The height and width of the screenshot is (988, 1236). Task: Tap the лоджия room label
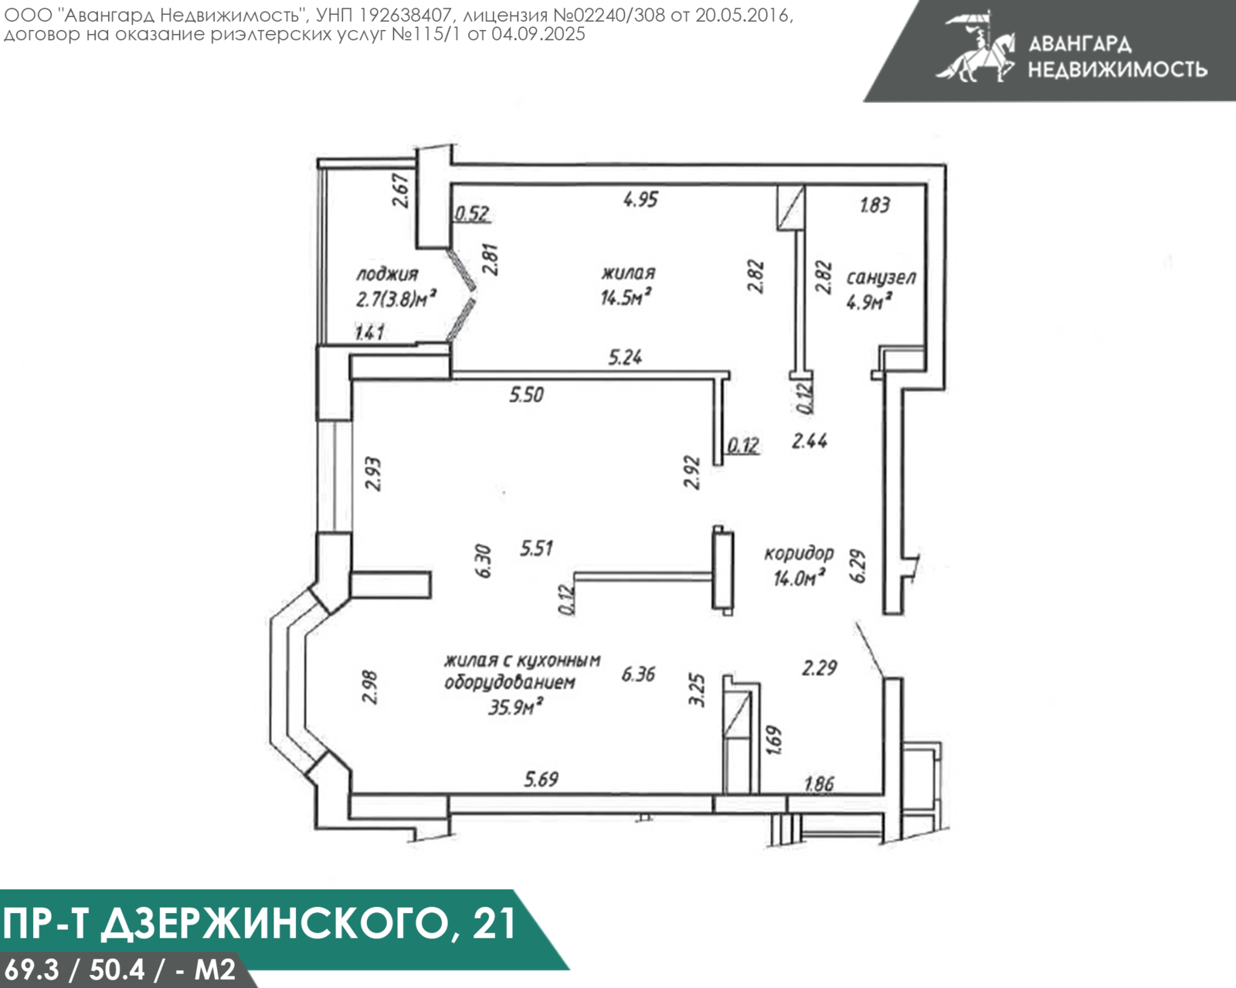point(387,274)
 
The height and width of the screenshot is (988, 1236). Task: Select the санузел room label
point(881,277)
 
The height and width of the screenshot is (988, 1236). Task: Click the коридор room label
point(799,553)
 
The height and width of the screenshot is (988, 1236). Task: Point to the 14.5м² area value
point(625,297)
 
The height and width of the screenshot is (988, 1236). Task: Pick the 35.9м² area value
point(514,706)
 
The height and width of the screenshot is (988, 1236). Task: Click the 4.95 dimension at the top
point(640,199)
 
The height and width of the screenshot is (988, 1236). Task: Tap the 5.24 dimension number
point(625,357)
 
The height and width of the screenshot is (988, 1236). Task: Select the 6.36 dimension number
point(638,674)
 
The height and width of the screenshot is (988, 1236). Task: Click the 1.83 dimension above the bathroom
point(874,205)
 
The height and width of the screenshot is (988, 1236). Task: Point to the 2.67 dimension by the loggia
point(400,190)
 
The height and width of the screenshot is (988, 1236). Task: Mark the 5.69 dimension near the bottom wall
point(541,779)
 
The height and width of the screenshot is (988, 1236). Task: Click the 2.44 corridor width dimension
point(810,441)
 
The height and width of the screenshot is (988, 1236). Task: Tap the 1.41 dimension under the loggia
point(369,333)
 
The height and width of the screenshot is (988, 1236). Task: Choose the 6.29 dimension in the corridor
point(857,566)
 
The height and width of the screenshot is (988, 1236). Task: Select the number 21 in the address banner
point(493,922)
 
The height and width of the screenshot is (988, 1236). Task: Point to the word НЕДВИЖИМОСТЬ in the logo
point(1117,70)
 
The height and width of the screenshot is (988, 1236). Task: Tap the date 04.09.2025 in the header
point(538,34)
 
